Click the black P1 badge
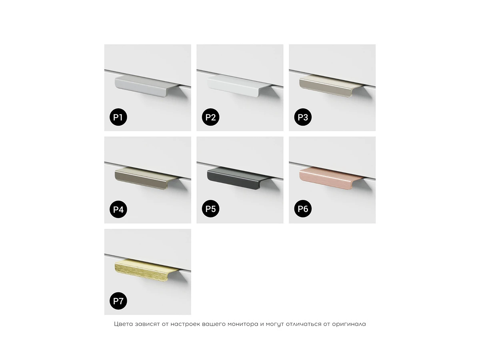click(118, 117)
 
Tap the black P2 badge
click(210, 117)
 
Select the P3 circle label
click(303, 117)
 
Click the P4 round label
click(118, 209)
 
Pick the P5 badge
click(210, 208)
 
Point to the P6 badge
click(303, 208)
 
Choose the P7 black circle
click(118, 301)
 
